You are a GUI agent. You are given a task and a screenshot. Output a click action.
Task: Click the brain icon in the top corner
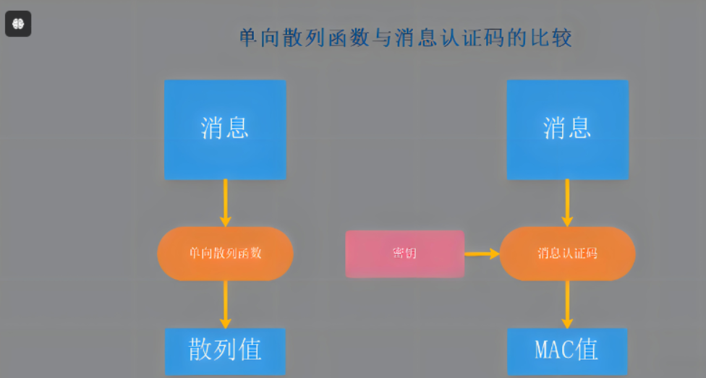click(18, 24)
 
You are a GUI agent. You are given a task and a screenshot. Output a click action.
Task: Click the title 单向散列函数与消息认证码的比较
click(405, 38)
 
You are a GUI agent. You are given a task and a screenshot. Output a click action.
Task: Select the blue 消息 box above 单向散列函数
click(225, 129)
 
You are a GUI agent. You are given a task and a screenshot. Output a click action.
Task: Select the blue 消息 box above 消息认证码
click(567, 129)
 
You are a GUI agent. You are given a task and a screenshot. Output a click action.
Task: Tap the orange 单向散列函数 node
click(225, 254)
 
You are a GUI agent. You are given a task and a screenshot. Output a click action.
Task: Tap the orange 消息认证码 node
click(567, 254)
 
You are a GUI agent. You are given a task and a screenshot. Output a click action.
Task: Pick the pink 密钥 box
click(404, 254)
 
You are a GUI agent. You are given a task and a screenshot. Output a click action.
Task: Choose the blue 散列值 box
click(225, 351)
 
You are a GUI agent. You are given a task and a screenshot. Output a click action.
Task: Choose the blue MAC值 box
click(567, 351)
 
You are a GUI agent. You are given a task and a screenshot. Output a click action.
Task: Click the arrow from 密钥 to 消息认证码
click(482, 254)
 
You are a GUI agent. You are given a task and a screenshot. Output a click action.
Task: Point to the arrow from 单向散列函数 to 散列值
click(225, 304)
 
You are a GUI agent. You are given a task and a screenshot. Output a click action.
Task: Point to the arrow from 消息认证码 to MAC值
click(567, 304)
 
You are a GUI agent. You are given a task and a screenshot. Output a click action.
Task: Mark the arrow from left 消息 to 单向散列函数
click(225, 202)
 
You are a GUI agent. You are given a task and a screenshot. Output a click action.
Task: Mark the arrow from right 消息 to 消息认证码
click(567, 202)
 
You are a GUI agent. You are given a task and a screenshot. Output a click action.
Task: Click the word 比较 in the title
click(552, 38)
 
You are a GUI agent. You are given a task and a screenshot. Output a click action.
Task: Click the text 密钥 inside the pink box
click(404, 254)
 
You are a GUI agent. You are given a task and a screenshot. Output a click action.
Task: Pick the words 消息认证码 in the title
click(451, 38)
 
